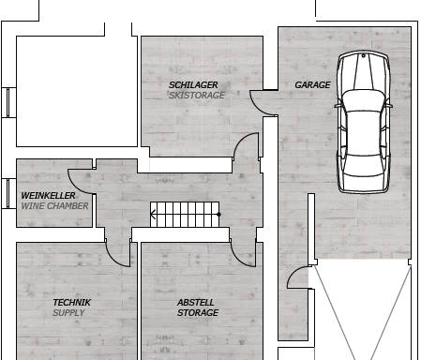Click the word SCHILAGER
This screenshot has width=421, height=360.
pos(193,85)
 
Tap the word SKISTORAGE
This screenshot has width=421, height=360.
pos(197,96)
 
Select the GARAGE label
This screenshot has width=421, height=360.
pos(312,85)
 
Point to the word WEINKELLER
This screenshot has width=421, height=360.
pos(48,196)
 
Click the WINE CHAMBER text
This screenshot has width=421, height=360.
pos(54,206)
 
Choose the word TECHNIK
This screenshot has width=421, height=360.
pos(72,303)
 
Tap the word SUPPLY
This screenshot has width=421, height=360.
pos(68,313)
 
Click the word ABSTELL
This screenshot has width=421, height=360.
pos(196,303)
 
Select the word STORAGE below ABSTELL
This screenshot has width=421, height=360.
pos(198,313)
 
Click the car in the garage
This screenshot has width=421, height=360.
pos(364,122)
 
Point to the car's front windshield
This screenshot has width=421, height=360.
pos(364,100)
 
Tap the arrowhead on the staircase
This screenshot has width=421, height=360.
pos(153,215)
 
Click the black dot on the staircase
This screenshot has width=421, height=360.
pos(218,215)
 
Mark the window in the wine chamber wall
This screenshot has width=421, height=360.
pos(8,194)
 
